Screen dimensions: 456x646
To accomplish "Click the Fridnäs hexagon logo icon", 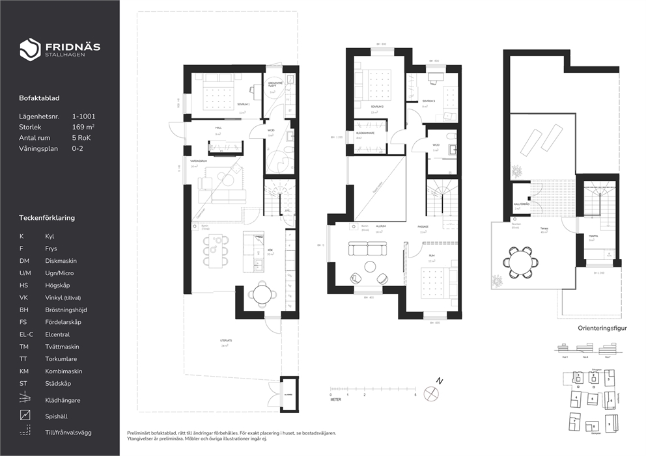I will (x=30, y=49).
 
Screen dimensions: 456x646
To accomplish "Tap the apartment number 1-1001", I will (x=83, y=116).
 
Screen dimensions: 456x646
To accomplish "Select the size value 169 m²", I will (x=83, y=127).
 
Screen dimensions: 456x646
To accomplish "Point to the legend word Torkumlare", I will (x=61, y=358).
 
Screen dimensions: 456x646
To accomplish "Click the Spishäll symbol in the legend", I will (x=25, y=414).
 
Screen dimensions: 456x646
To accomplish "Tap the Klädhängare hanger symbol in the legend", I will (x=25, y=399).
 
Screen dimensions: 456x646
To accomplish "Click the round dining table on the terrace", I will (x=520, y=262).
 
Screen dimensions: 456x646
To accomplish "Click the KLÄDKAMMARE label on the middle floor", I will (x=365, y=133).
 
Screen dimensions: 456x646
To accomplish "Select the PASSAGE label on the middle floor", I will (x=423, y=226).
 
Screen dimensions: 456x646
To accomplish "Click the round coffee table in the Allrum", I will (x=371, y=266).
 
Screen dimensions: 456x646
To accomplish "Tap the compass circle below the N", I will (x=431, y=392).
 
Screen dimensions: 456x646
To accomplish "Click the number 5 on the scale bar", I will (x=415, y=395).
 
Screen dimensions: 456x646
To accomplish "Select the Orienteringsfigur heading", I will (x=602, y=329).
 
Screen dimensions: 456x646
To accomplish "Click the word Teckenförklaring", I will (x=47, y=218).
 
